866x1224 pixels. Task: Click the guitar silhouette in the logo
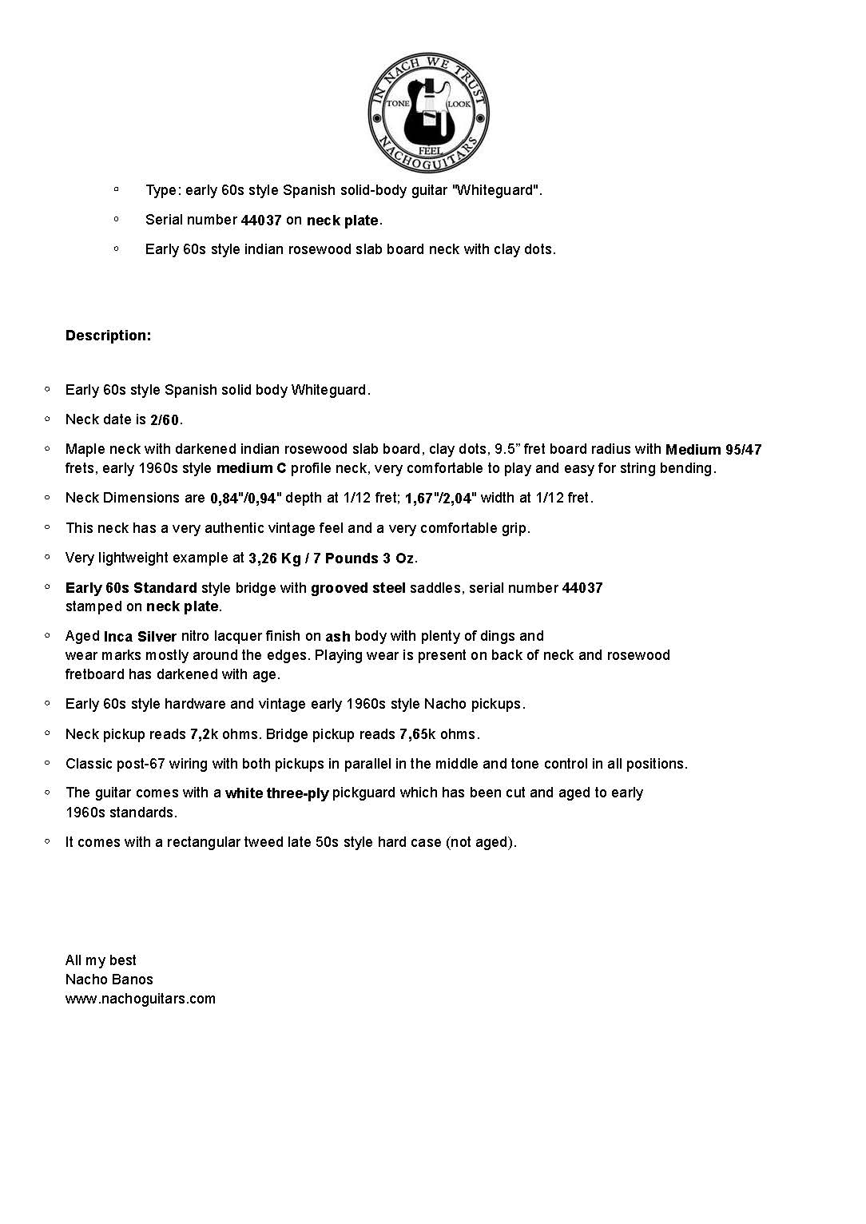point(428,112)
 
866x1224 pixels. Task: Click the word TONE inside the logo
point(398,104)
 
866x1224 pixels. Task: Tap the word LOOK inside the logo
point(459,105)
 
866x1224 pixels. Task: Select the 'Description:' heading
point(108,336)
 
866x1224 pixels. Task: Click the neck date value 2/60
point(165,419)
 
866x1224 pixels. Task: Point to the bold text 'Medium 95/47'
point(713,450)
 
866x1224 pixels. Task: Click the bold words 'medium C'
point(251,468)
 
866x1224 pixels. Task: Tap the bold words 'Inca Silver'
point(140,637)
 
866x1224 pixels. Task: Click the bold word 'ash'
point(338,637)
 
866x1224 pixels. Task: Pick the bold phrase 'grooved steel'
point(358,588)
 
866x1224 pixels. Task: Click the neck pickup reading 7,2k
point(205,734)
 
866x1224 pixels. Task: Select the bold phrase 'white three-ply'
point(276,793)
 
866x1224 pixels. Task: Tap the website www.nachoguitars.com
point(141,999)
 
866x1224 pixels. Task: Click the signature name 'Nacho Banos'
point(109,980)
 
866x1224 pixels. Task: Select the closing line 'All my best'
point(101,960)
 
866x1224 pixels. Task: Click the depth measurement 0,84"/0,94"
point(246,499)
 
